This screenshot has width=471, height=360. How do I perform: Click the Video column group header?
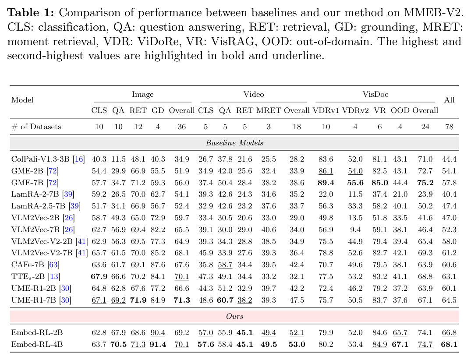254,94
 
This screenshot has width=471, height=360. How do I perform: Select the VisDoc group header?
375,94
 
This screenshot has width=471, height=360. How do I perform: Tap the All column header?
449,100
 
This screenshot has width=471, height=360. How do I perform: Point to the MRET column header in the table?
269,110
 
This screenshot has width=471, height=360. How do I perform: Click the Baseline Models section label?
234,143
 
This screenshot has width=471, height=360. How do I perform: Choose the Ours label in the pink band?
234,317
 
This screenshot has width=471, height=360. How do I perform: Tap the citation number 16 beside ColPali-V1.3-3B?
79,159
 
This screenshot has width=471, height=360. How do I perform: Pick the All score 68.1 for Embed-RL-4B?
449,344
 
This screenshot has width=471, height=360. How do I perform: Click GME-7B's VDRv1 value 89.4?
326,183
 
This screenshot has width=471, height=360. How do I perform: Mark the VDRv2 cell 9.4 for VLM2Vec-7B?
355,229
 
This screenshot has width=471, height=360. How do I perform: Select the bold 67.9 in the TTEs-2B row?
99,276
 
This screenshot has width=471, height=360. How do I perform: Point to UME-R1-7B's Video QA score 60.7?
225,300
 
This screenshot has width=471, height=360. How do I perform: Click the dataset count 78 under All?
449,127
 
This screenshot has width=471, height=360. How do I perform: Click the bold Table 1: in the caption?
30,13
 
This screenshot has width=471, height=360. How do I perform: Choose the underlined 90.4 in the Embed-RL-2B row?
158,333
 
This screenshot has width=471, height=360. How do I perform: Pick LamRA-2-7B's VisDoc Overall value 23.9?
425,194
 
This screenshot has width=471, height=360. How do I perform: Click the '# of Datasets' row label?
36,127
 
